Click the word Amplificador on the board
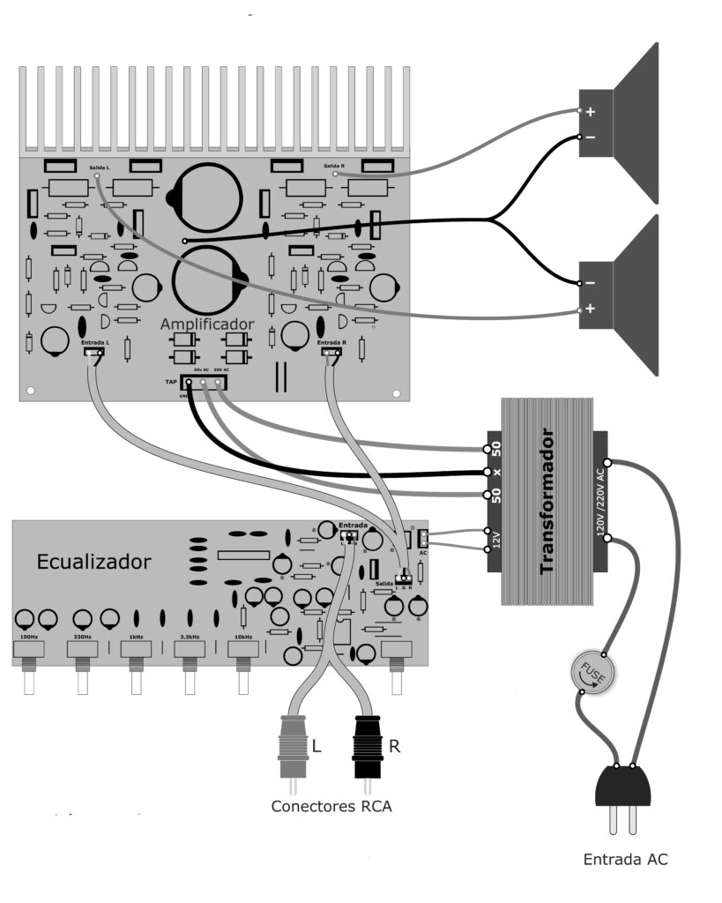pos(206,325)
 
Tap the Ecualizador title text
pos(93,562)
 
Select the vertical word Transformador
pos(548,501)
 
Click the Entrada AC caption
pos(625,859)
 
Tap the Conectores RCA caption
pos(331,806)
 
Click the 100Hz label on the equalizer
pos(28,637)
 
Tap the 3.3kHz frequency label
pos(189,637)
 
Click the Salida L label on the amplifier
pos(100,166)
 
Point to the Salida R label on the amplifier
pos(334,166)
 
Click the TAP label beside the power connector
pos(170,381)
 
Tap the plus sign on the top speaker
pos(591,112)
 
